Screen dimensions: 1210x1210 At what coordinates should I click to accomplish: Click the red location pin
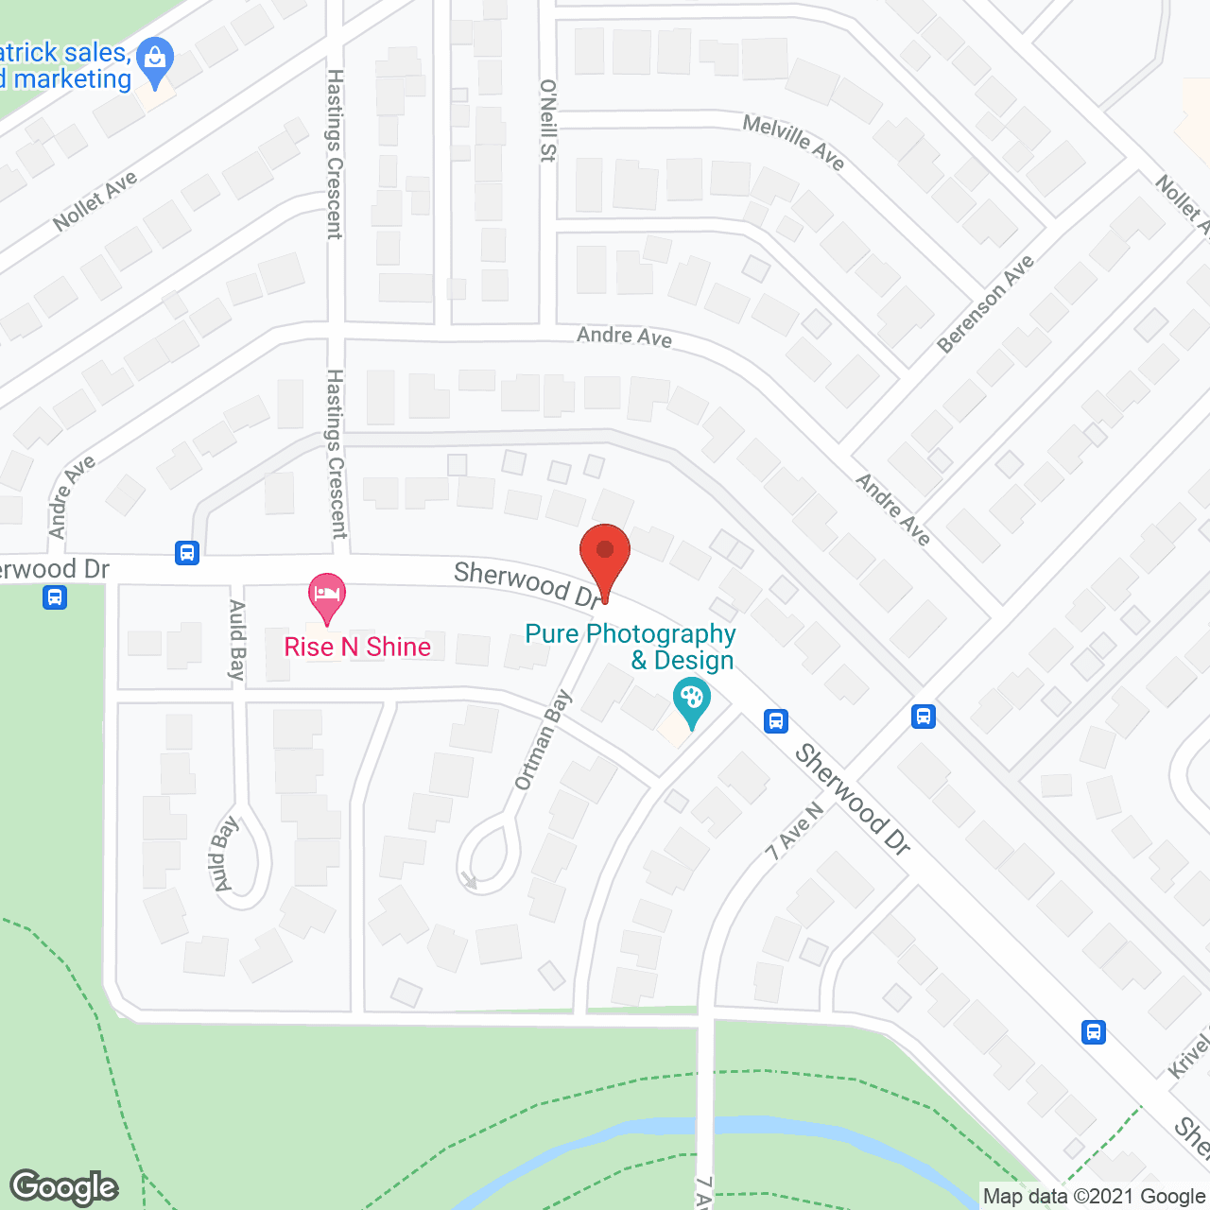click(604, 553)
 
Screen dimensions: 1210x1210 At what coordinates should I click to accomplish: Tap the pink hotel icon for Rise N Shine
click(327, 596)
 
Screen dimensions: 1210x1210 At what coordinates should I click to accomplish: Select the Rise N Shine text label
click(357, 647)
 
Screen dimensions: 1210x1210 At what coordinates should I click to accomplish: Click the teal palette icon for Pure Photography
click(692, 702)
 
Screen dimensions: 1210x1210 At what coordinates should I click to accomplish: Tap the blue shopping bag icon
click(155, 59)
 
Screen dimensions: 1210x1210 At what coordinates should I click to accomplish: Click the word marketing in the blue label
click(73, 79)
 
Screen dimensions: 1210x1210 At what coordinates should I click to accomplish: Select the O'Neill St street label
click(547, 120)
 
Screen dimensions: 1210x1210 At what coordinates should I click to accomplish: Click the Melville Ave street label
click(793, 142)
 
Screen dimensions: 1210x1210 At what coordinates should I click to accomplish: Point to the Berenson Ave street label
click(986, 304)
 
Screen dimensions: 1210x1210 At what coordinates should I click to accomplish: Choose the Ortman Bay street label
click(544, 740)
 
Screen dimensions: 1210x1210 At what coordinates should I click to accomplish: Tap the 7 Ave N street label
click(794, 832)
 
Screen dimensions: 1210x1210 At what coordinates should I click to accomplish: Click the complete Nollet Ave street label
click(95, 200)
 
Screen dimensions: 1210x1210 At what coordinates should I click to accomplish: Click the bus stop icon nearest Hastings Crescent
click(187, 552)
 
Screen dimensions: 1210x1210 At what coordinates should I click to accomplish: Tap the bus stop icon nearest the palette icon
click(776, 721)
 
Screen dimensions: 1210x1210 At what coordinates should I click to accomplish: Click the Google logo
click(64, 1187)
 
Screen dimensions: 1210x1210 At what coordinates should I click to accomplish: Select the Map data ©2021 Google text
click(1094, 1197)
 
